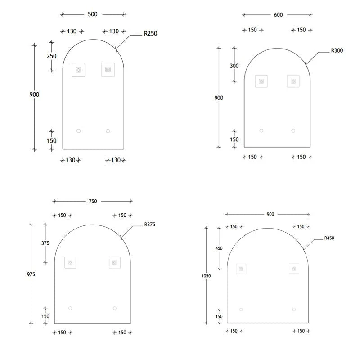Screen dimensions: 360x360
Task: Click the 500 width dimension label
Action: click(x=92, y=14)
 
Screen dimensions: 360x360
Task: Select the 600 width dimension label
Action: click(x=278, y=15)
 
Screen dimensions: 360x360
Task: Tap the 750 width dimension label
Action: click(x=93, y=201)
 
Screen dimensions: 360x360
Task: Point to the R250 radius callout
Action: click(x=150, y=33)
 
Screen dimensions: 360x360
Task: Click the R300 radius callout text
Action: click(x=337, y=51)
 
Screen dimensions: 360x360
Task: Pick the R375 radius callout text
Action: click(x=150, y=224)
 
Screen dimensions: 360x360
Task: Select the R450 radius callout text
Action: click(x=330, y=238)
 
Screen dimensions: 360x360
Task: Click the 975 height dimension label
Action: click(x=31, y=274)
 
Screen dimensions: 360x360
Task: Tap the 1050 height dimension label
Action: click(x=207, y=276)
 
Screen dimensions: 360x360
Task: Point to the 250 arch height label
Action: click(x=52, y=56)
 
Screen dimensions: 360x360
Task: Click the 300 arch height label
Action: click(x=234, y=66)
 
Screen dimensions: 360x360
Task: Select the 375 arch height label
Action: click(x=45, y=243)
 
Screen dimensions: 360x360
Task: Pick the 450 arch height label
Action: click(x=219, y=248)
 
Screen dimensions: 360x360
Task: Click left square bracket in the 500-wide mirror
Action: click(x=78, y=70)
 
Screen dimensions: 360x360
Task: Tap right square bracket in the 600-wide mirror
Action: click(x=293, y=81)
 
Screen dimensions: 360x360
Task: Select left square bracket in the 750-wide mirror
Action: click(x=70, y=262)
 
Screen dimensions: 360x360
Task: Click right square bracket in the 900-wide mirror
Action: click(x=294, y=269)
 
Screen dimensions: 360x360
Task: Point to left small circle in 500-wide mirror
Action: click(x=78, y=131)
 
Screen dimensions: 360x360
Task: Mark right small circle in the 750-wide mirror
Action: click(x=115, y=308)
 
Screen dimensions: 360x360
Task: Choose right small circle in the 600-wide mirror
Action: click(x=293, y=131)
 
